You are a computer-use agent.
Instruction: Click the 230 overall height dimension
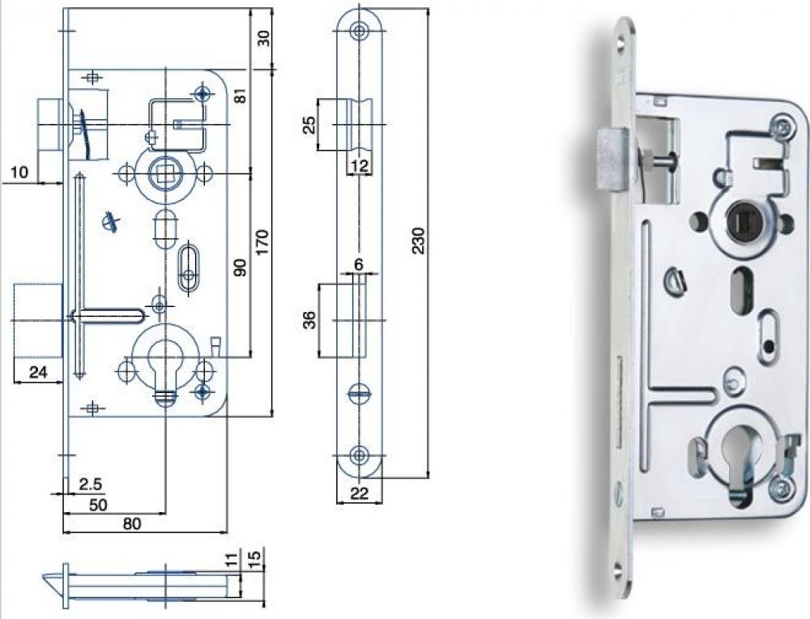419,241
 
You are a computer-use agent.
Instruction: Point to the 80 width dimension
132,523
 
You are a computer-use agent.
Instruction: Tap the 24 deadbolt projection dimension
36,373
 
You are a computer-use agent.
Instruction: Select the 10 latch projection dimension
20,172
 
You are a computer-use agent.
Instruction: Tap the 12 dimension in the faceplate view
360,166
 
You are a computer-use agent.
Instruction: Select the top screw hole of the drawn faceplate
357,31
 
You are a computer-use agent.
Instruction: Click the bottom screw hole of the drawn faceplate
357,454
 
